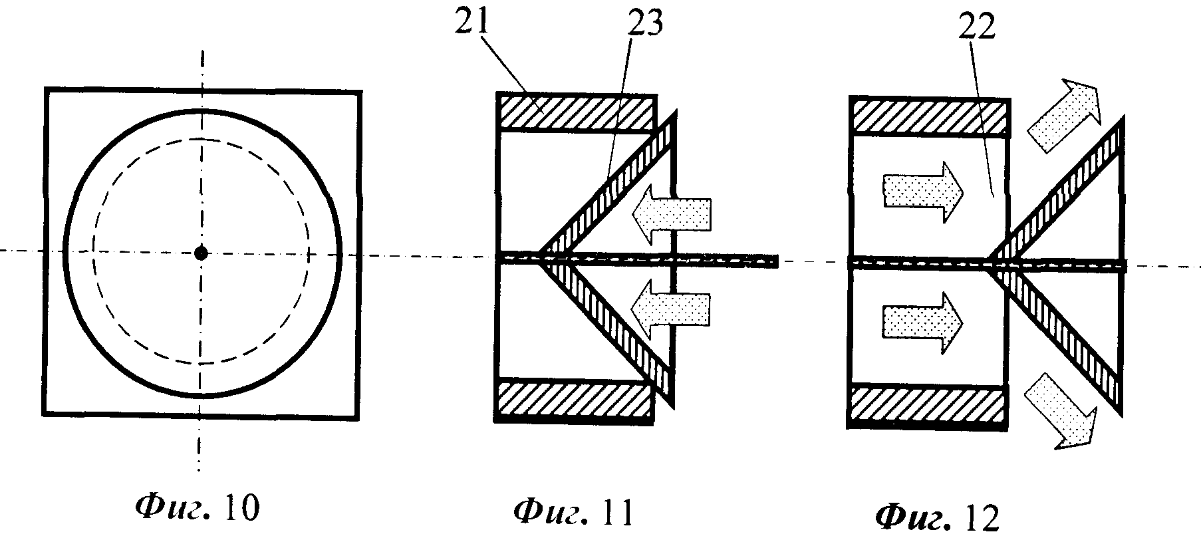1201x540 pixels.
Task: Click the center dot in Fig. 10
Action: pyautogui.click(x=201, y=252)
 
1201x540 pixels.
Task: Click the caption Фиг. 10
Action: pyautogui.click(x=197, y=509)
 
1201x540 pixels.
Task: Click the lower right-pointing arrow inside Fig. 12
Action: pyautogui.click(x=922, y=322)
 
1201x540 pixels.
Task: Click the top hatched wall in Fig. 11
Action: pyautogui.click(x=576, y=111)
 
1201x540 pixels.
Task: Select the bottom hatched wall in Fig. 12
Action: pyautogui.click(x=928, y=403)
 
